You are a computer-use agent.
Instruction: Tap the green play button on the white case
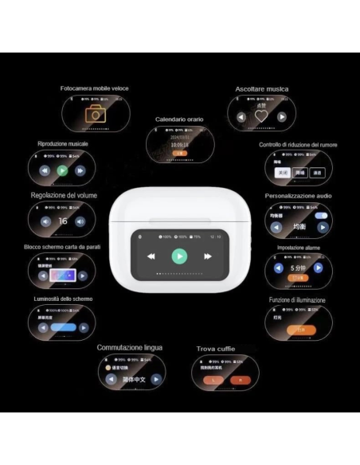180,256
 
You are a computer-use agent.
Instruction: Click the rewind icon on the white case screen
151,256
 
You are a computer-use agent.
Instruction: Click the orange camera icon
96,113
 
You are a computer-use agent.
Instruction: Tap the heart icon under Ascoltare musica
260,116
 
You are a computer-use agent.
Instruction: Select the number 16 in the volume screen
63,221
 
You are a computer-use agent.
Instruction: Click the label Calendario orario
179,119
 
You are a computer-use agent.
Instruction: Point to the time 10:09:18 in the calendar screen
179,145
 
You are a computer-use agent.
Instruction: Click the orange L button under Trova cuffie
215,381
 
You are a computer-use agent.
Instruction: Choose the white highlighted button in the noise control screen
280,171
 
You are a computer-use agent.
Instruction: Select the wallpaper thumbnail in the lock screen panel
62,275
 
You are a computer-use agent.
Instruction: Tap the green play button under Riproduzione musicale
63,170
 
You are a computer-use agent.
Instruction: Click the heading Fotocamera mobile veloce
94,88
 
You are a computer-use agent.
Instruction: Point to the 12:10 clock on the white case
215,236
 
